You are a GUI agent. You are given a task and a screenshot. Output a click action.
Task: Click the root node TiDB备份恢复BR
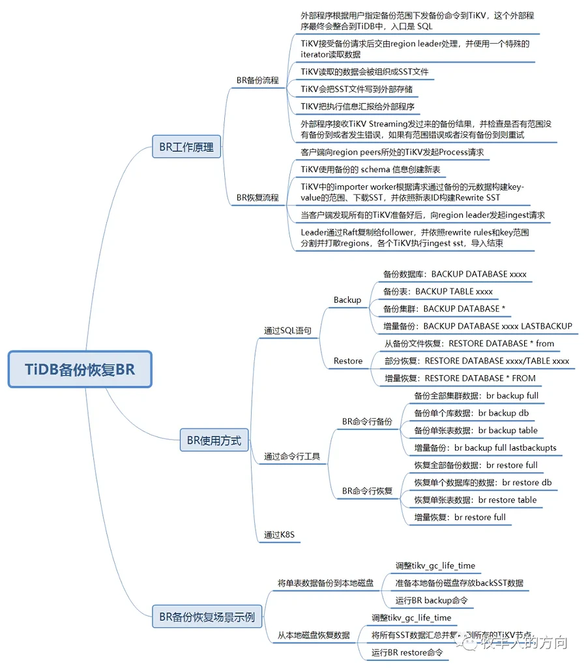(x=80, y=369)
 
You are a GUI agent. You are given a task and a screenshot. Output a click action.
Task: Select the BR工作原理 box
(x=186, y=147)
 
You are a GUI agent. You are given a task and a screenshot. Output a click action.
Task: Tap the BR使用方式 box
(x=214, y=440)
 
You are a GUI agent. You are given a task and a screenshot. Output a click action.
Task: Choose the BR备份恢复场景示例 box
(x=207, y=616)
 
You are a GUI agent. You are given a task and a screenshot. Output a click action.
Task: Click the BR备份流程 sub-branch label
(x=257, y=80)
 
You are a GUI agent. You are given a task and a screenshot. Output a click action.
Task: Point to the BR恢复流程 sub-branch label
(x=257, y=197)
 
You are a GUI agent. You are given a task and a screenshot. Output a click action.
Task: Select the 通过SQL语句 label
(x=287, y=331)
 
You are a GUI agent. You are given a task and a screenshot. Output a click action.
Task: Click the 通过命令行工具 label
(x=292, y=457)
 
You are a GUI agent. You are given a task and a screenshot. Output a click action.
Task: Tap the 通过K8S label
(x=280, y=535)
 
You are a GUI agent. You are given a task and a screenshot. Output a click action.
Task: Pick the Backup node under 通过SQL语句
(x=347, y=300)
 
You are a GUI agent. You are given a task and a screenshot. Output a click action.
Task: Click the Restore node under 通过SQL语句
(x=348, y=361)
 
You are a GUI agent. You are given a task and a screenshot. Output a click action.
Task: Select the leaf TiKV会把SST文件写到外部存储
(x=357, y=89)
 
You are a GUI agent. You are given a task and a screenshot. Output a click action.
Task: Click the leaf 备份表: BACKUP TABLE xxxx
(x=438, y=292)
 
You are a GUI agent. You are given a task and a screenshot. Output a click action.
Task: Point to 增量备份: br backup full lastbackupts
(x=485, y=448)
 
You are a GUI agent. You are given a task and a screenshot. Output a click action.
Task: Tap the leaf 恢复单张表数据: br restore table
(x=475, y=500)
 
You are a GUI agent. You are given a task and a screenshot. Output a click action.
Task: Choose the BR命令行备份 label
(x=367, y=422)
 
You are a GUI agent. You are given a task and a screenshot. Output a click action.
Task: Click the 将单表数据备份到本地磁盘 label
(x=325, y=583)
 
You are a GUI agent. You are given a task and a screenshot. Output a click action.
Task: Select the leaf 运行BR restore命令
(x=407, y=652)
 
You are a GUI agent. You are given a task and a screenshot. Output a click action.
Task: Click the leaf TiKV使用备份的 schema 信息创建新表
(x=370, y=169)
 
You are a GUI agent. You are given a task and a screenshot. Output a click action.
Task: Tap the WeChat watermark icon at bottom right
(x=469, y=643)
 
